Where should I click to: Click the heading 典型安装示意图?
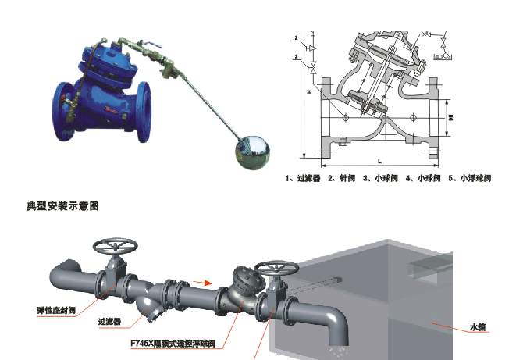pos(63,206)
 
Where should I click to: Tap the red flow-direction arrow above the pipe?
pos(202,281)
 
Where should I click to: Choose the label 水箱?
pos(477,326)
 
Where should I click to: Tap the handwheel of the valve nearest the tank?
pos(272,268)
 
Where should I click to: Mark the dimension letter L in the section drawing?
pos(379,161)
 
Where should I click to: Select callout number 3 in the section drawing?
pos(296,57)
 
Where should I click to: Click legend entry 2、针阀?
pos(341,179)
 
